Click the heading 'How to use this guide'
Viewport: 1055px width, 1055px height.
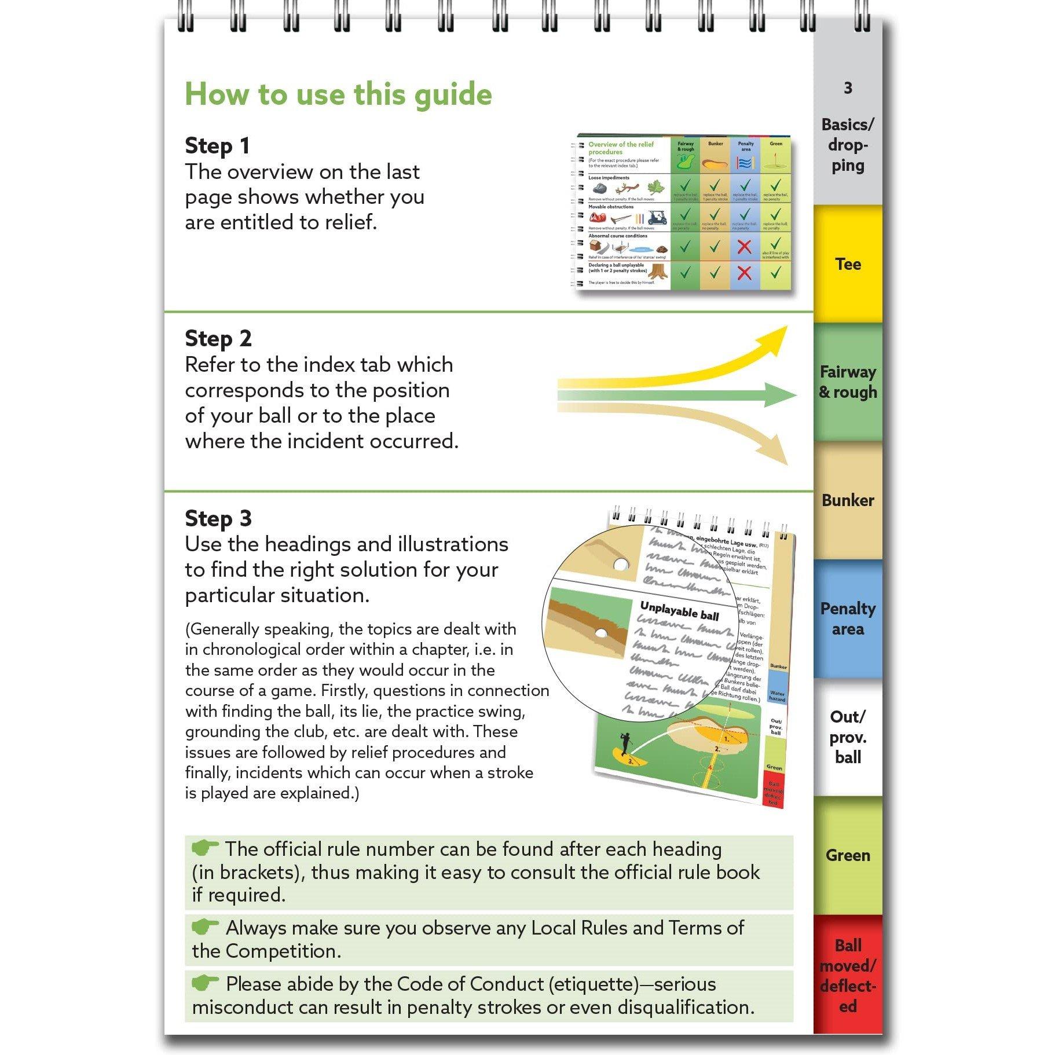click(x=338, y=94)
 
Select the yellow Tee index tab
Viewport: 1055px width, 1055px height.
click(x=847, y=264)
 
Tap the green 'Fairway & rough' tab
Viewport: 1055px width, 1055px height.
click(x=847, y=382)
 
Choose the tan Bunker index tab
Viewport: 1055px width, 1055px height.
click(x=847, y=500)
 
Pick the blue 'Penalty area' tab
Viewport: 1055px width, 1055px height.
click(x=847, y=618)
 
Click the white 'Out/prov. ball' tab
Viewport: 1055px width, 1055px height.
click(x=847, y=737)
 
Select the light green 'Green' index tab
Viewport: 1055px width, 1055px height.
click(x=847, y=855)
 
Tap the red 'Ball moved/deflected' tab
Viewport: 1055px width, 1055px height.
click(x=847, y=975)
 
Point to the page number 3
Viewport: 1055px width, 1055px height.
click(x=848, y=88)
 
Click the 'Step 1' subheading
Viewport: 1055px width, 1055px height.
click(x=217, y=146)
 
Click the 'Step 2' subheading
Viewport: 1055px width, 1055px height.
click(x=218, y=339)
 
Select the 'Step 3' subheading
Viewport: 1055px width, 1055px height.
click(x=218, y=519)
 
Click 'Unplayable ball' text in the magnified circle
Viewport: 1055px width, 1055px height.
click(x=679, y=611)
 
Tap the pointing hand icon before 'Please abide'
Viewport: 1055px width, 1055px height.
click(x=204, y=983)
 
